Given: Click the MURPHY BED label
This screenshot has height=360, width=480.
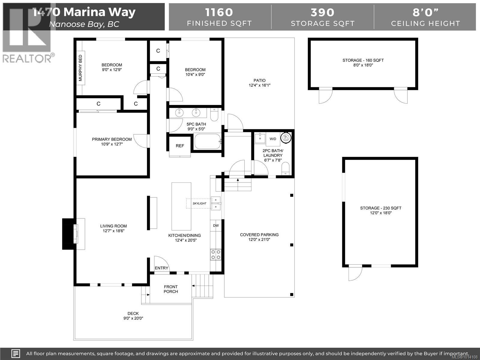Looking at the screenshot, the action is coord(80,68).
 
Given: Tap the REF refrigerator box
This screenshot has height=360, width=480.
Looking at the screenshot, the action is coord(180,146).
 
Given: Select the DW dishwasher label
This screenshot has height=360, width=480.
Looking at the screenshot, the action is coord(216,226).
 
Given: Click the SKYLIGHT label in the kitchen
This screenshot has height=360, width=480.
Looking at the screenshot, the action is coord(199,203).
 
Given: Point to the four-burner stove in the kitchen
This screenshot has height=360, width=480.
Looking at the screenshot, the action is coord(216,255).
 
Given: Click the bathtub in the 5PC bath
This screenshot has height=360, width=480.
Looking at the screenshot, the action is coord(208,141).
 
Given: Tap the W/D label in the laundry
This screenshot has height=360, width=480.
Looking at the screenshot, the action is coord(273,139).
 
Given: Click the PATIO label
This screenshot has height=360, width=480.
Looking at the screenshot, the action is coord(259,80).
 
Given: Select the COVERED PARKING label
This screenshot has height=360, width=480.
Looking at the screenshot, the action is coord(259,235).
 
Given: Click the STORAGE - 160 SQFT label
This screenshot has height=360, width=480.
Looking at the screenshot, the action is coord(363,60).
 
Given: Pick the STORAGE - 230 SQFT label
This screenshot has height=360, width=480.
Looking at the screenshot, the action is coord(381,208).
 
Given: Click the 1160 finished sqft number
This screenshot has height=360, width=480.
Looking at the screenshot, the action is coord(219,12).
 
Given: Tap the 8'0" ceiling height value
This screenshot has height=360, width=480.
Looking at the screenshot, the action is coord(425,12).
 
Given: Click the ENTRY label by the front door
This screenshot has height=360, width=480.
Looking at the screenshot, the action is coord(162,268).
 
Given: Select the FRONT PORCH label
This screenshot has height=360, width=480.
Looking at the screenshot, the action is coord(171,289).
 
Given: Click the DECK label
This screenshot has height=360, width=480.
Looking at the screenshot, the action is coord(133,313).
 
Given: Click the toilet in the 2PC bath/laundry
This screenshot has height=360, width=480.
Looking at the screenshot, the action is coord(285,169).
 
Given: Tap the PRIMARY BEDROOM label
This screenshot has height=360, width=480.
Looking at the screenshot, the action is coord(112,139).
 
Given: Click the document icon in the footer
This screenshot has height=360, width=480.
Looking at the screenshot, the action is coord(16,353).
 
